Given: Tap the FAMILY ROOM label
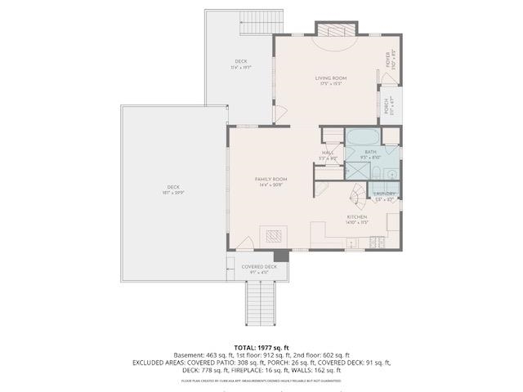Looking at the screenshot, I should [270, 179].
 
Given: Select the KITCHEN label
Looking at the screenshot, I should [356, 216].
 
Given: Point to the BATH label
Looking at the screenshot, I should [370, 151].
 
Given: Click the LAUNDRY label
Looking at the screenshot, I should [385, 194].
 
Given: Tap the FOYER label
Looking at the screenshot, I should [389, 60].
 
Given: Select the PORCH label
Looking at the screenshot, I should [388, 105].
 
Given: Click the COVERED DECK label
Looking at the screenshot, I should [259, 266].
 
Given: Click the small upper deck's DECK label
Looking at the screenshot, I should [241, 61].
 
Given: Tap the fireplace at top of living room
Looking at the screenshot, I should [336, 30].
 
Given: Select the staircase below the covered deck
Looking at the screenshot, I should [261, 302].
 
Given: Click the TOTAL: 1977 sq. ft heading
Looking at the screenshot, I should [261, 347].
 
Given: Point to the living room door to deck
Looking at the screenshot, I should [279, 114].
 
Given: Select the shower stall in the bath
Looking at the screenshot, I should [356, 170].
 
